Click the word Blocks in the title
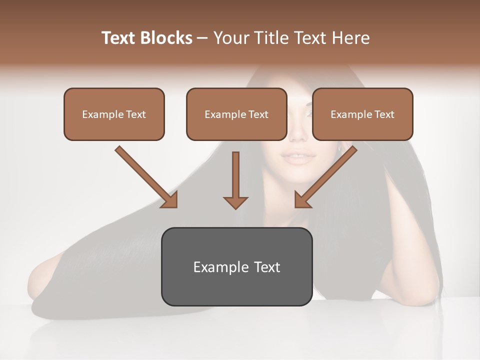pyautogui.click(x=166, y=38)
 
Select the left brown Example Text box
pyautogui.click(x=114, y=114)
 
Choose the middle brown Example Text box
pyautogui.click(x=236, y=114)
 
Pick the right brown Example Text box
pyautogui.click(x=362, y=114)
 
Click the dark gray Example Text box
pyautogui.click(x=236, y=266)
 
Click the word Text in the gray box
pyautogui.click(x=266, y=267)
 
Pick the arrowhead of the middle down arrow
pyautogui.click(x=235, y=202)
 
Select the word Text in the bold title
pyautogui.click(x=119, y=38)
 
